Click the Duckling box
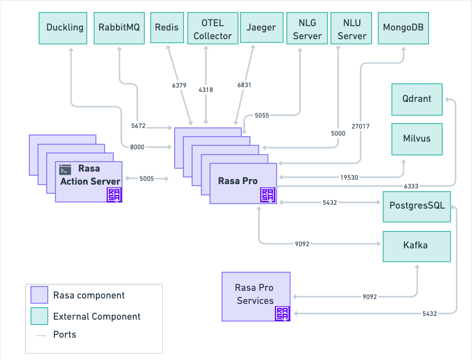pyautogui.click(x=63, y=28)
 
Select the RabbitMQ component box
pyautogui.click(x=119, y=28)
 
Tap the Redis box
pyautogui.click(x=167, y=27)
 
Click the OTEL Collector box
pyautogui.click(x=213, y=28)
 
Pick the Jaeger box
pyautogui.click(x=261, y=27)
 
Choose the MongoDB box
pyautogui.click(x=403, y=28)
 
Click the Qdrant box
pyautogui.click(x=417, y=100)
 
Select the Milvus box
pyautogui.click(x=417, y=139)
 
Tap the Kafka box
pyautogui.click(x=416, y=246)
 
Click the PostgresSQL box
pyautogui.click(x=416, y=206)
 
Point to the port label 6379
pyautogui.click(x=179, y=86)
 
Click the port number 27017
pyautogui.click(x=360, y=126)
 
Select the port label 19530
pyautogui.click(x=349, y=178)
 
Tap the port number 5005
pyautogui.click(x=146, y=179)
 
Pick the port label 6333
pyautogui.click(x=411, y=186)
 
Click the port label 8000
pyautogui.click(x=137, y=147)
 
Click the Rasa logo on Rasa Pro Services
pyautogui.click(x=283, y=313)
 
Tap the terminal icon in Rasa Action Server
pyautogui.click(x=65, y=169)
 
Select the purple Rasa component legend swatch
pyautogui.click(x=39, y=295)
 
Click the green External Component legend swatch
pyautogui.click(x=39, y=316)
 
